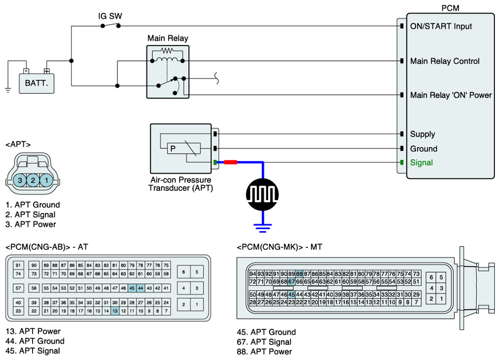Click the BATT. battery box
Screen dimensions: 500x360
(36, 83)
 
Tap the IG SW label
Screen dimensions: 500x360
(110, 16)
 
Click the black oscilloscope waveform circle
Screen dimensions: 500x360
(262, 194)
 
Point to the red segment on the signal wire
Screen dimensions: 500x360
(230, 162)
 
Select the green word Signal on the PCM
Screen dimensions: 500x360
(421, 163)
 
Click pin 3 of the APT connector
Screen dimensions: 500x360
(20, 181)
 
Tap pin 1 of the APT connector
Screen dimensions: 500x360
(46, 181)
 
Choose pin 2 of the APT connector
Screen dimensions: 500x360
(33, 181)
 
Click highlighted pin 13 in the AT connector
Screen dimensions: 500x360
(115, 311)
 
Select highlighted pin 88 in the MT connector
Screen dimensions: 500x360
(299, 274)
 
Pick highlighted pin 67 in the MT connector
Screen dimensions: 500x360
(291, 281)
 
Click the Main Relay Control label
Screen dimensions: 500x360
(445, 61)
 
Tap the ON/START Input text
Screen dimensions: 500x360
(441, 26)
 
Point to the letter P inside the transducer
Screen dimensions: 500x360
(173, 148)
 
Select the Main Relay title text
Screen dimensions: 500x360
(168, 38)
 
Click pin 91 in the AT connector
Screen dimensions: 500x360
(18, 265)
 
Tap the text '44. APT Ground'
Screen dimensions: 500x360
(35, 341)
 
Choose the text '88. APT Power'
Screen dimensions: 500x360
(264, 352)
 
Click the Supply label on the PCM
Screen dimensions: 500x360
(422, 134)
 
